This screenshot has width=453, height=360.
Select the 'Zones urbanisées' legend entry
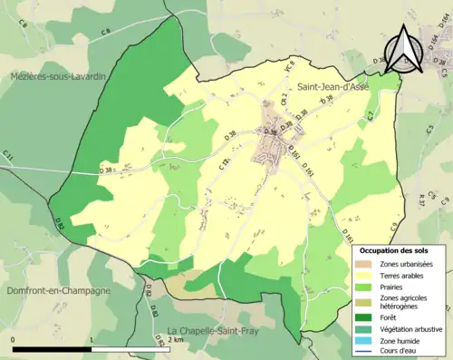[406, 264]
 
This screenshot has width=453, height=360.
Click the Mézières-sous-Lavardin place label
[53, 77]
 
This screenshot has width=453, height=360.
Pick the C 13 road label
[225, 161]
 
